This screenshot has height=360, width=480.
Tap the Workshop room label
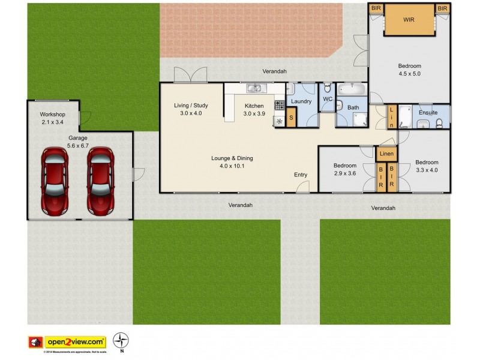[52, 115]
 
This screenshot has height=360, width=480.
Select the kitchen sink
[254, 89]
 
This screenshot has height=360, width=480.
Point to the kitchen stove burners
[279, 106]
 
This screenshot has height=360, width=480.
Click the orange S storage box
[291, 118]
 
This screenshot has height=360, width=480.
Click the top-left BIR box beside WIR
[376, 8]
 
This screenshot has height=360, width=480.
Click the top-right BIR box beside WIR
[443, 8]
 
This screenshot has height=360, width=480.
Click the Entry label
[301, 175]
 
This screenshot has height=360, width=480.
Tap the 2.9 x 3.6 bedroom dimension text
[344, 173]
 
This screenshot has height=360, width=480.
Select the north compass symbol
[122, 340]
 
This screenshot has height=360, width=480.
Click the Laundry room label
[301, 101]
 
